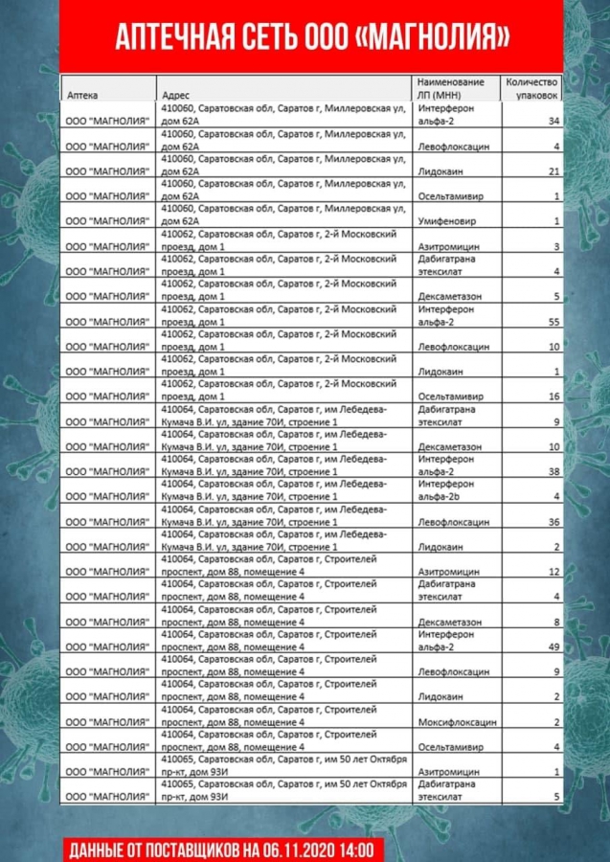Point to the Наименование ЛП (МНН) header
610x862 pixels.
[x=450, y=88]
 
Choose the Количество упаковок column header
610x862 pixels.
[x=531, y=88]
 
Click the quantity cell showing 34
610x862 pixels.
[x=554, y=122]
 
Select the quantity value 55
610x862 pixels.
[x=554, y=322]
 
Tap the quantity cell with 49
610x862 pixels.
[x=554, y=647]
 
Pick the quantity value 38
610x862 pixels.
[x=554, y=472]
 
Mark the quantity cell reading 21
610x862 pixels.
[x=554, y=171]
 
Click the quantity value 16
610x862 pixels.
[x=554, y=397]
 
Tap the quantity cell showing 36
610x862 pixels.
[x=554, y=522]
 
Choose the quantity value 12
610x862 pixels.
[x=554, y=572]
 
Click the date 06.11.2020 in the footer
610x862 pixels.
[x=294, y=849]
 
